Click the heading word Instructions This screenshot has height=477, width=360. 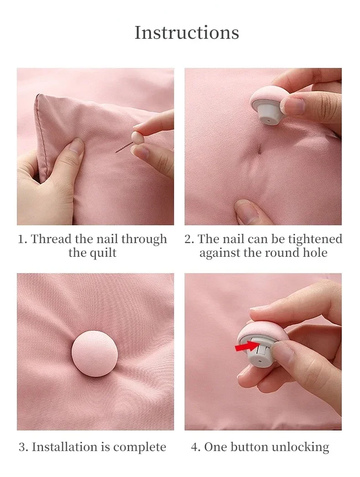pyautogui.click(x=187, y=32)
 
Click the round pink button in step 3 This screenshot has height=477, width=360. pyautogui.click(x=93, y=354)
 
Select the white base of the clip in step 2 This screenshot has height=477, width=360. pyautogui.click(x=267, y=111)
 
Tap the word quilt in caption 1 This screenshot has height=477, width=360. pyautogui.click(x=103, y=252)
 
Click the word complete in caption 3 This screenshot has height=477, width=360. pyautogui.click(x=140, y=447)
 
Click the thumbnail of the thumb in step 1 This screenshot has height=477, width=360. pyautogui.click(x=75, y=147)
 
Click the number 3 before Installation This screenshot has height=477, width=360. pyautogui.click(x=22, y=447)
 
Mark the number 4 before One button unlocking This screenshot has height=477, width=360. pyautogui.click(x=195, y=447)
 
